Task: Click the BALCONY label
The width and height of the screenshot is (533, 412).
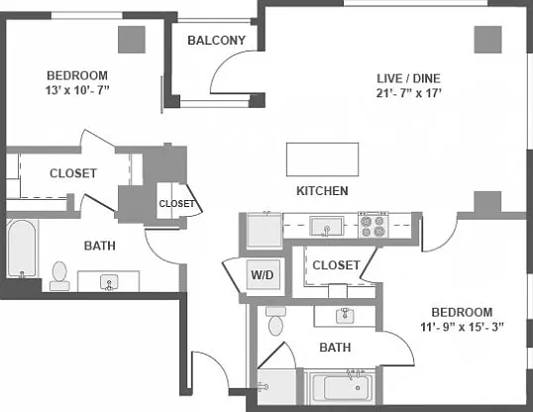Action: tap(217, 41)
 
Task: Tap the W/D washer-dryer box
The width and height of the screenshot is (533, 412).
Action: tap(264, 274)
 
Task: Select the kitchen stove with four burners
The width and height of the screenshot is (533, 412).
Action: tap(373, 225)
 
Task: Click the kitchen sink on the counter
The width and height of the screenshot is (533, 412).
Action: tap(327, 227)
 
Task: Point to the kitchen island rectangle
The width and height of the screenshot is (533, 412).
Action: tap(322, 159)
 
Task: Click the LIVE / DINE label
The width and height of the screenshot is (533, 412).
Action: tap(408, 78)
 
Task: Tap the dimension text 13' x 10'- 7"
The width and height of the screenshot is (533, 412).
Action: tap(77, 90)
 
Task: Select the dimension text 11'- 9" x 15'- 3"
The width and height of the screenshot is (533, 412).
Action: tap(462, 327)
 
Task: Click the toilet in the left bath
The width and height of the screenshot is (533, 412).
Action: tap(59, 276)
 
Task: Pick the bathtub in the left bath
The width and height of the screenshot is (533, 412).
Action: tap(22, 249)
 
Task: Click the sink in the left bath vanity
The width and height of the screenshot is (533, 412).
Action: tap(109, 283)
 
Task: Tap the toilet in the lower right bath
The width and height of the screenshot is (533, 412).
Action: tap(275, 321)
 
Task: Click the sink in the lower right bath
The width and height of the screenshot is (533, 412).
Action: tap(345, 316)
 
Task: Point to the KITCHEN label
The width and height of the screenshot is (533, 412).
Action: tap(322, 191)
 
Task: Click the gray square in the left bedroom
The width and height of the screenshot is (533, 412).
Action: tap(132, 40)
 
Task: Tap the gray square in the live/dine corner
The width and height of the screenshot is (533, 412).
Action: tap(488, 40)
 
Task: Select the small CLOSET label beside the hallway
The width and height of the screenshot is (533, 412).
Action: tap(176, 204)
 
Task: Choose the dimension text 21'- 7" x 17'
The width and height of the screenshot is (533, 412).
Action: tap(408, 93)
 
